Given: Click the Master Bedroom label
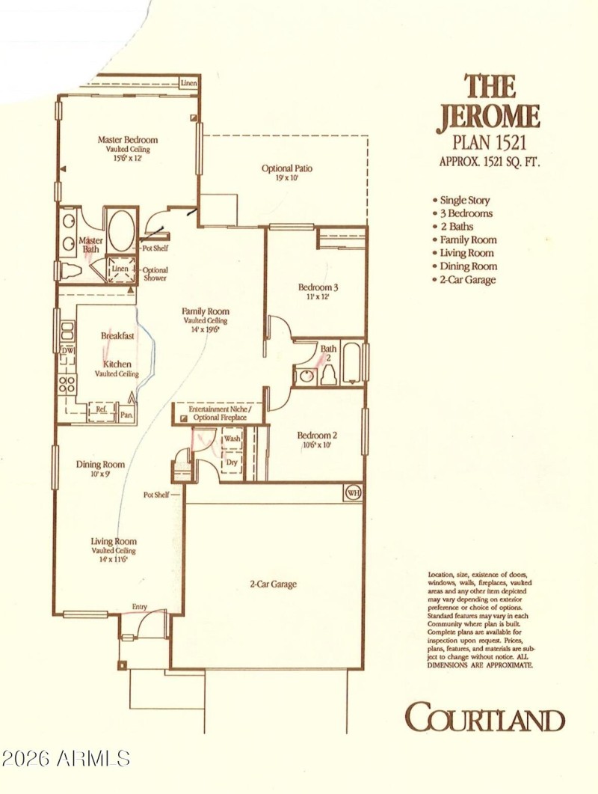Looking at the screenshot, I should (128, 139).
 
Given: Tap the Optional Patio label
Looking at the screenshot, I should (287, 168).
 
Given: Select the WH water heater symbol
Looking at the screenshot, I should (353, 492).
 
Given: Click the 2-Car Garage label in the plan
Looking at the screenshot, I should (273, 584).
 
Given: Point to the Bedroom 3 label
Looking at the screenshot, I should (318, 287).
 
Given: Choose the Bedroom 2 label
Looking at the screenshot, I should (317, 436).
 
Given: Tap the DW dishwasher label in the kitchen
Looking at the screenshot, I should (67, 350).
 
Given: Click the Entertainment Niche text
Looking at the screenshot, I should (220, 409).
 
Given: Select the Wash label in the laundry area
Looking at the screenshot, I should (232, 439).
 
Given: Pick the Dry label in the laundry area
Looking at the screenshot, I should (232, 462).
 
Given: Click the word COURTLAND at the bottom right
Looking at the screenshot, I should (484, 718).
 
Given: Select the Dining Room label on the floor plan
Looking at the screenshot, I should (100, 465).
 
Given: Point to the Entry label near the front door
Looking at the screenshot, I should (140, 606).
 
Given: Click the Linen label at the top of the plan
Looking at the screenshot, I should (188, 83).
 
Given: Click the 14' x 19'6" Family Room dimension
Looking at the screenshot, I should (206, 329).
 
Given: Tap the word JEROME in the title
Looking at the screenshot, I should (488, 117).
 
